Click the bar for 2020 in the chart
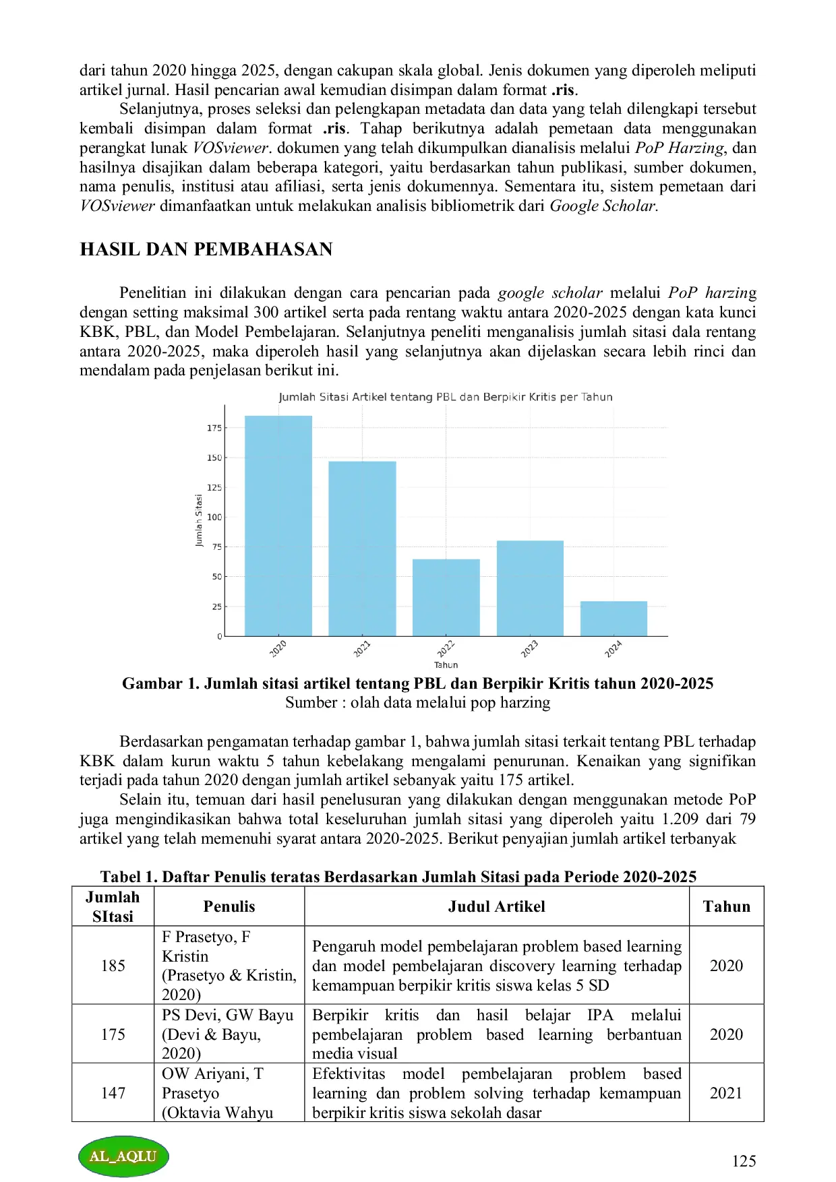(x=278, y=526)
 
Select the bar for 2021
(x=362, y=549)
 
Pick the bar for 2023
(x=530, y=588)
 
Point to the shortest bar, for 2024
(x=614, y=619)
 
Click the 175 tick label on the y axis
(x=214, y=428)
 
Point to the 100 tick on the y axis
(x=214, y=518)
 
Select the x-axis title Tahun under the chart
(x=446, y=665)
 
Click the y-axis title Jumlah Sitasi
(x=199, y=521)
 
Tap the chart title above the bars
(x=446, y=397)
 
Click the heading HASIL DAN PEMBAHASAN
(x=206, y=249)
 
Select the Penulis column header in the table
(x=229, y=906)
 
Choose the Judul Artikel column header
(x=496, y=906)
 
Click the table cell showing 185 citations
(x=113, y=966)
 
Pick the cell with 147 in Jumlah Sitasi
(x=113, y=1092)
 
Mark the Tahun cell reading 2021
(x=726, y=1092)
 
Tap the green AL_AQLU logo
(x=123, y=1156)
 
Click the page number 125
(x=744, y=1160)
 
